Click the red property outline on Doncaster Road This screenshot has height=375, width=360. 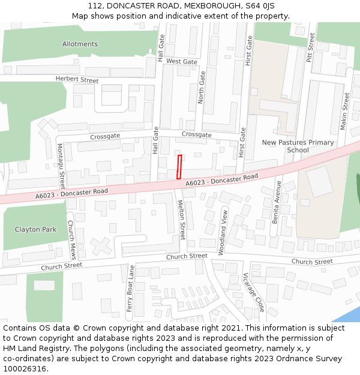click(179, 167)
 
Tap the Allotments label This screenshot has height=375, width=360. click(80, 44)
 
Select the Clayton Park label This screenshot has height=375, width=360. click(35, 229)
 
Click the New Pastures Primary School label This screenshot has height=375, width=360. click(298, 146)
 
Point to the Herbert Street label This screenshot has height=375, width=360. click(77, 80)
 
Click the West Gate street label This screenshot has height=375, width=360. click(181, 62)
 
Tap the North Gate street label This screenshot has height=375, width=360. click(202, 85)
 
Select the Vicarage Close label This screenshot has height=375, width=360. click(253, 292)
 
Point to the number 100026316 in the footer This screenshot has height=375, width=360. click(25, 369)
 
